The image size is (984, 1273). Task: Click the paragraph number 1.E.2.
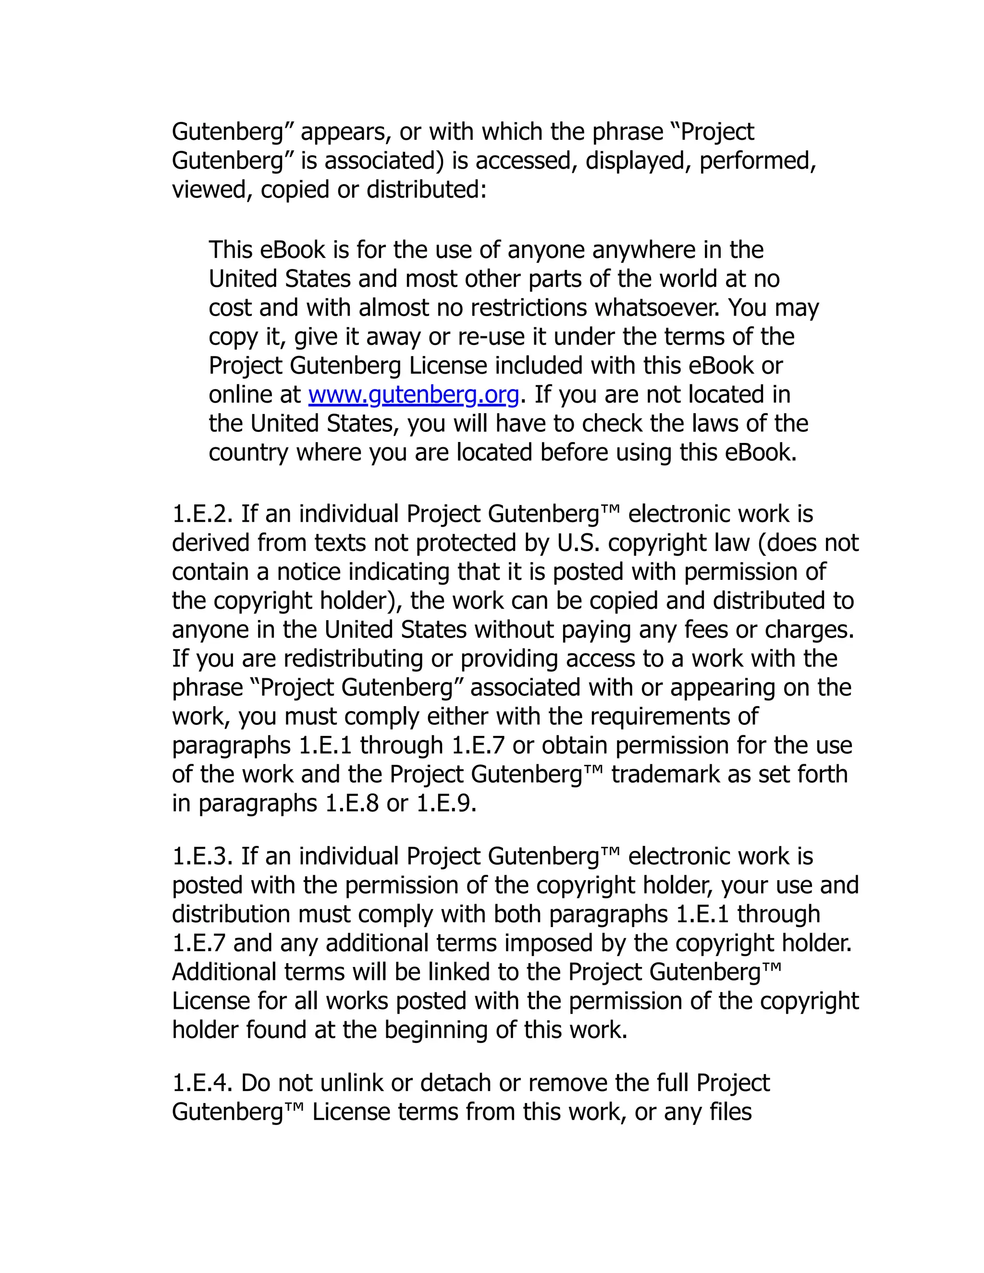[x=202, y=514]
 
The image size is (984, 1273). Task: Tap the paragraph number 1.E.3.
[x=202, y=857]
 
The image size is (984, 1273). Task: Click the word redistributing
[x=353, y=659]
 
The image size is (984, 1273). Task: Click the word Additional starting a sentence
[x=224, y=972]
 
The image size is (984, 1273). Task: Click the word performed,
[x=757, y=161]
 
